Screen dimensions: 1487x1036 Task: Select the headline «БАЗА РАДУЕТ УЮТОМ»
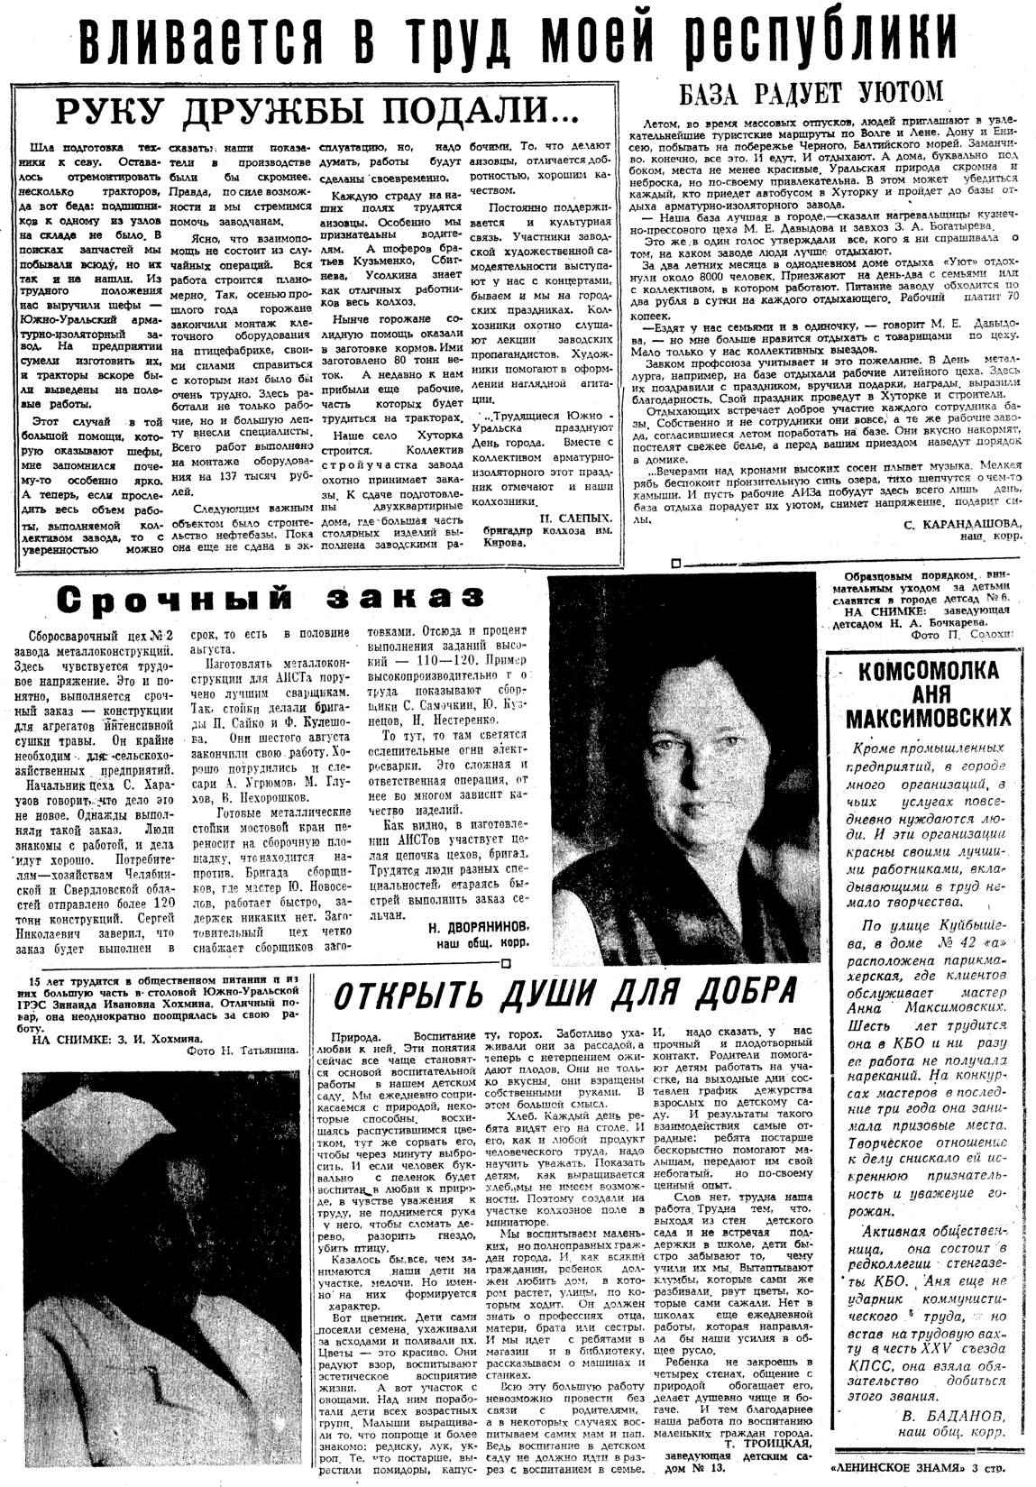(811, 92)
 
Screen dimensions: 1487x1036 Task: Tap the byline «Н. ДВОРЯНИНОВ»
(476, 926)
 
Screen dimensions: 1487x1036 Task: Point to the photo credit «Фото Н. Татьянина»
(240, 1051)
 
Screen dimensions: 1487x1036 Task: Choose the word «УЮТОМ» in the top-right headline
(894, 92)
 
